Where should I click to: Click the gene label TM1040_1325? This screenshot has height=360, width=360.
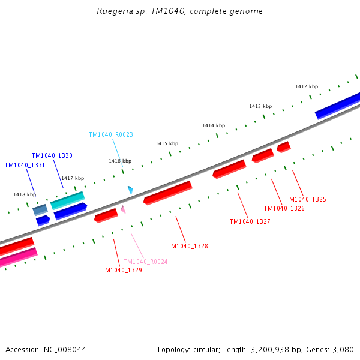[305, 199]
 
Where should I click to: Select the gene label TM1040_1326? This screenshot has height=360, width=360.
[284, 208]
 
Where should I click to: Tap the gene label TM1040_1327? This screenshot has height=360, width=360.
[250, 221]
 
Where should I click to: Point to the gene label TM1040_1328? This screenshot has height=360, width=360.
[187, 246]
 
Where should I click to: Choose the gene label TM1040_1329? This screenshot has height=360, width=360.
[121, 270]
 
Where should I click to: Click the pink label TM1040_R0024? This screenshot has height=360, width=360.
[145, 262]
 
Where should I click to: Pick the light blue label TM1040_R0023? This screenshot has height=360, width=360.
[110, 135]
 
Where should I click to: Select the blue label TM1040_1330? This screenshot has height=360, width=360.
[52, 155]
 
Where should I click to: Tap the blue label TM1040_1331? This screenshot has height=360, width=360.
[25, 165]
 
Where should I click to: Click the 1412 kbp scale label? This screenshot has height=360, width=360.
[306, 86]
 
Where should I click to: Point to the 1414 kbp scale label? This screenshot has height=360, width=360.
[213, 125]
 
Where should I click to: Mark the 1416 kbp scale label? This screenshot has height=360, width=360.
[119, 161]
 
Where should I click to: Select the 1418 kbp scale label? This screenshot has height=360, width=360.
[25, 194]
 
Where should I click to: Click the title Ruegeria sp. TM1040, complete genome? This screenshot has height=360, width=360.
[179, 11]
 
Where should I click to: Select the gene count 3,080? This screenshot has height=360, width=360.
[344, 349]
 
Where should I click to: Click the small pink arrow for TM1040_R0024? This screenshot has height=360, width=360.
[123, 209]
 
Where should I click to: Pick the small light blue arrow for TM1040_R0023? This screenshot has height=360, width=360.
[130, 190]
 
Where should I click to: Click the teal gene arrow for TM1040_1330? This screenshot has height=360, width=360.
[67, 200]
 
